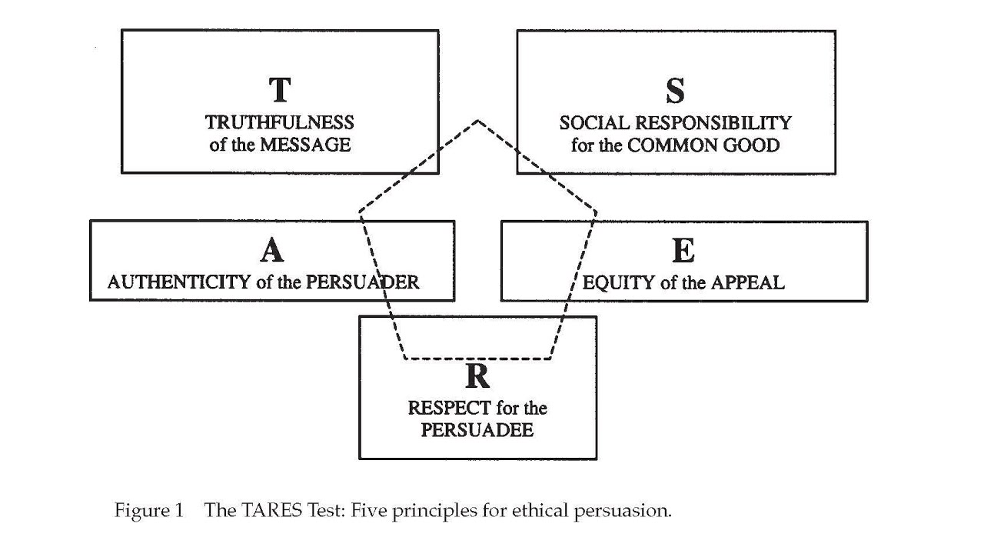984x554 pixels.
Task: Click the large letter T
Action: click(x=280, y=90)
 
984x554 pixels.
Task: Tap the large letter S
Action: click(x=675, y=91)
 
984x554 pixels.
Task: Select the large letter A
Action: click(x=271, y=250)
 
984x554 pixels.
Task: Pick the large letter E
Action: click(x=683, y=251)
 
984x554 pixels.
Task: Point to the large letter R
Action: click(x=477, y=376)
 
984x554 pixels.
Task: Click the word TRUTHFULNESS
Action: click(x=280, y=122)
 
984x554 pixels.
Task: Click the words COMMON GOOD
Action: click(x=703, y=145)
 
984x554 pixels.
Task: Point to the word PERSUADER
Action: click(x=363, y=282)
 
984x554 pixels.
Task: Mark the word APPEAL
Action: click(x=747, y=282)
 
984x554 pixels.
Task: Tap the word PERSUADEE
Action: click(x=477, y=429)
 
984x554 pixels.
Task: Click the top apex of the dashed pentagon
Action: click(x=477, y=121)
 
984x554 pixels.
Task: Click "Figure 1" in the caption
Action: click(x=149, y=510)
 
